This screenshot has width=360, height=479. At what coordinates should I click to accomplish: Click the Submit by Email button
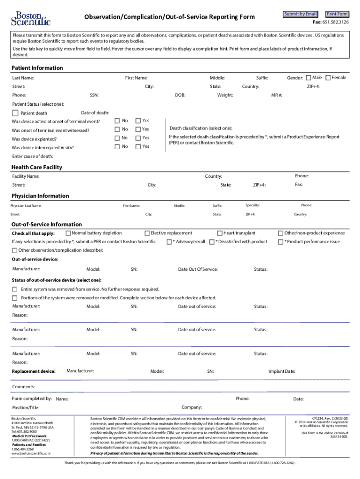coord(301,14)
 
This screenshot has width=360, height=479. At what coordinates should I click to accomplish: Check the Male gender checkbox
coord(309,78)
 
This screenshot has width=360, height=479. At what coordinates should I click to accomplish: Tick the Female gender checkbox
coord(328,78)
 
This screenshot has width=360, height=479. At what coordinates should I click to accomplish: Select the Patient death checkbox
coord(15,113)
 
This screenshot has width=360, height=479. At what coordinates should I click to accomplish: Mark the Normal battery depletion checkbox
coord(68,233)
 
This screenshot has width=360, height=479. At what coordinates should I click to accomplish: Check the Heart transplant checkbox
coord(220,233)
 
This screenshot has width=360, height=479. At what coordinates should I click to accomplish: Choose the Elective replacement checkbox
coord(147,233)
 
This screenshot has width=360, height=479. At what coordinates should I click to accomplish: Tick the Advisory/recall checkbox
coord(169,242)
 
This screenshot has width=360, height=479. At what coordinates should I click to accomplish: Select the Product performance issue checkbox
coord(281,242)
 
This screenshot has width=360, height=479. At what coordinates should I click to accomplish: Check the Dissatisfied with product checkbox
coord(212,242)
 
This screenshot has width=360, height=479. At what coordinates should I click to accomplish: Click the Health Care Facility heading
coord(36,167)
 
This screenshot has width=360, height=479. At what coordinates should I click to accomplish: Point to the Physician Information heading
coord(40,196)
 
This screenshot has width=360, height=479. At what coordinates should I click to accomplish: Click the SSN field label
coord(94,95)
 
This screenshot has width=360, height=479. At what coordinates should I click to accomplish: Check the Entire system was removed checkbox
coord(15,289)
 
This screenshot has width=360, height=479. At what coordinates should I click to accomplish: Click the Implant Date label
coord(281,371)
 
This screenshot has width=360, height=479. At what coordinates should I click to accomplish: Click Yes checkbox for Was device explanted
coord(138,138)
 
